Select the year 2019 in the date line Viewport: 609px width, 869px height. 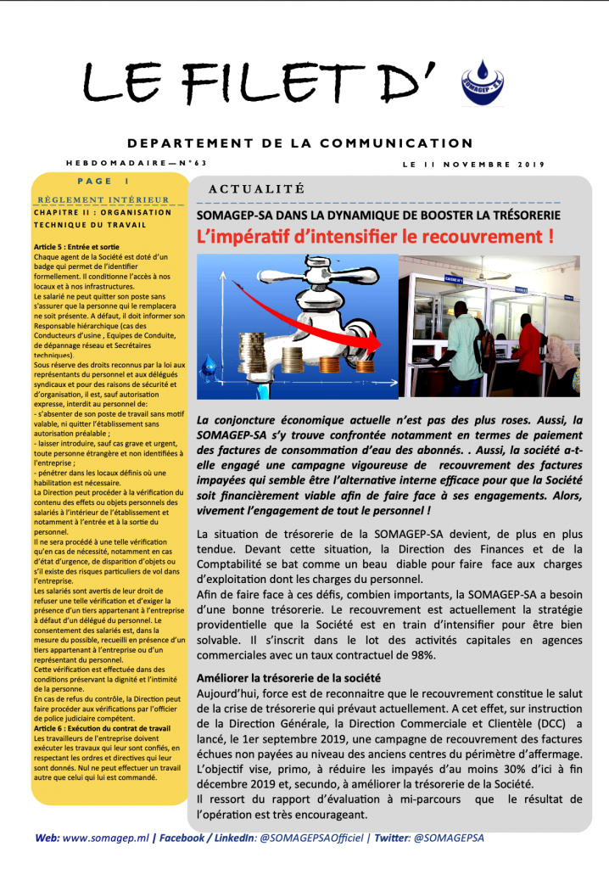coord(528,164)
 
